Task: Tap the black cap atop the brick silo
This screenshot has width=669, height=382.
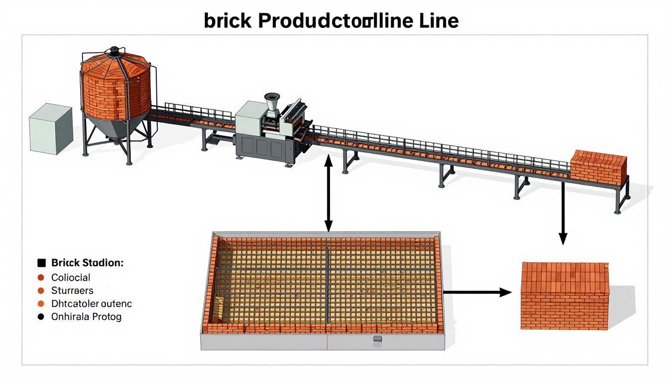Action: tap(115, 50)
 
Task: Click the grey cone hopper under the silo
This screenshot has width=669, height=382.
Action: tap(115, 126)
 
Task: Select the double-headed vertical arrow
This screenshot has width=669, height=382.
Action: tap(328, 193)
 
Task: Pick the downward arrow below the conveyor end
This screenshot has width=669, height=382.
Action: tap(563, 213)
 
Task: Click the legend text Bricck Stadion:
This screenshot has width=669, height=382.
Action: tap(87, 263)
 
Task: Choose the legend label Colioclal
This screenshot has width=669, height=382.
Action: tap(71, 277)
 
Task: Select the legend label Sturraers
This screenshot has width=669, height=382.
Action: tap(72, 290)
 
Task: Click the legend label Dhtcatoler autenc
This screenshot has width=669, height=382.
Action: tap(92, 303)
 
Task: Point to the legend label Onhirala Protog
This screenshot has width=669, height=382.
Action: tap(86, 316)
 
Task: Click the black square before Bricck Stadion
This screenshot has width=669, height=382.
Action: tap(41, 263)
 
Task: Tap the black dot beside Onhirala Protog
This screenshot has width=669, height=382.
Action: tap(41, 316)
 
